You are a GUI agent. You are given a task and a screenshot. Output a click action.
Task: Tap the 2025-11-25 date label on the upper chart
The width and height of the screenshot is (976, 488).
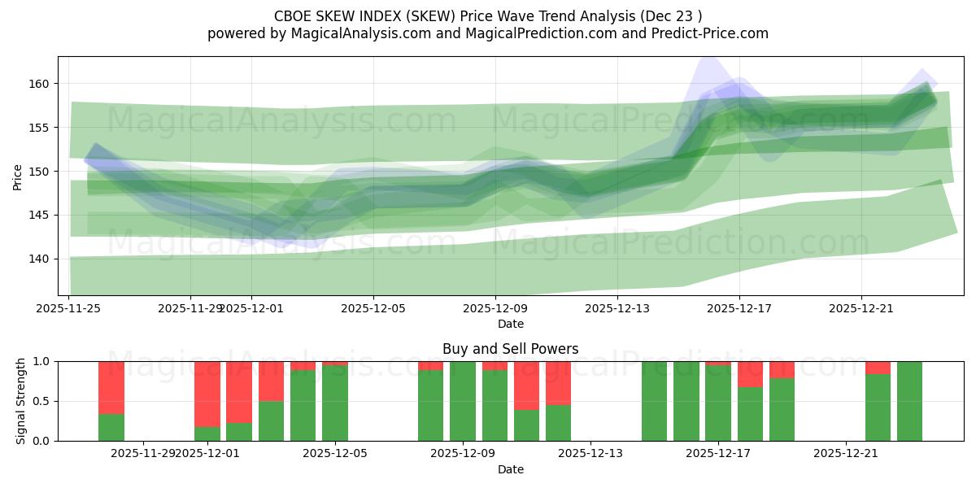click(x=69, y=308)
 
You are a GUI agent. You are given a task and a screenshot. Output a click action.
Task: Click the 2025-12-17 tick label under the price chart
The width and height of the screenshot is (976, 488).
click(x=739, y=308)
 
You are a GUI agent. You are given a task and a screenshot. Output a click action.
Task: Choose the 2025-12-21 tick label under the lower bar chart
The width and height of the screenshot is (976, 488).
click(x=847, y=454)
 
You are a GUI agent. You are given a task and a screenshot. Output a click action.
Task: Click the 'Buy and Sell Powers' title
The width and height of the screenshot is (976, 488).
click(x=510, y=349)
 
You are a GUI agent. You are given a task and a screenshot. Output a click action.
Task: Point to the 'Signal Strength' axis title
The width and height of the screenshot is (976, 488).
click(x=21, y=401)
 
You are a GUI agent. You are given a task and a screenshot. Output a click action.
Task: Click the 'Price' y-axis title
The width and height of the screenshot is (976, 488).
click(x=19, y=176)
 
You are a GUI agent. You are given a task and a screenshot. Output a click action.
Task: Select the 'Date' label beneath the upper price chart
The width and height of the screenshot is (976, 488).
click(x=510, y=324)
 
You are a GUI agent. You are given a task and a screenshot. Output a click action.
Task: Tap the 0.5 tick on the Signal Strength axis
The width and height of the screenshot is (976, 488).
click(x=40, y=401)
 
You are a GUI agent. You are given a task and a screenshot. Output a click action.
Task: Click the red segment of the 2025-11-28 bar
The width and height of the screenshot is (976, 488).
click(x=111, y=387)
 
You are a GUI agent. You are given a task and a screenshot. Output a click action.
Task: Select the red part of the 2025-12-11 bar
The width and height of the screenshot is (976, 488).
click(x=526, y=386)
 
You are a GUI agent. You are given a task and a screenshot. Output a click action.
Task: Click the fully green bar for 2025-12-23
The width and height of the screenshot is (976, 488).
click(x=909, y=401)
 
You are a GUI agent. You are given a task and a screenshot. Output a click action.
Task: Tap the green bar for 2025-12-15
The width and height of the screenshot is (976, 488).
click(x=654, y=401)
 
